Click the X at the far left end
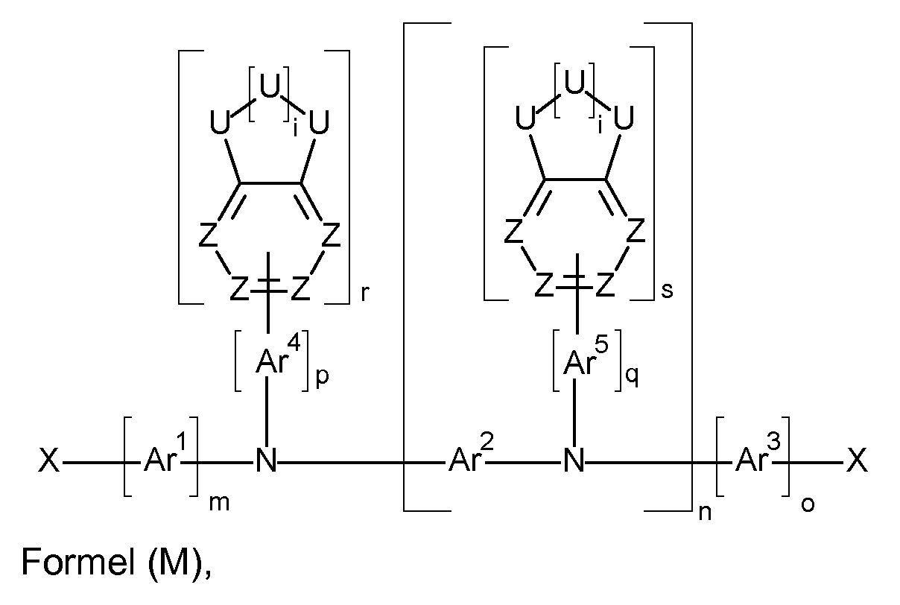[x=48, y=463]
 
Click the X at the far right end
[x=856, y=463]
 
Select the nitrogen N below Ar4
[x=266, y=463]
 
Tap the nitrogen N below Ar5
[x=574, y=463]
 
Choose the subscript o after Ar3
[x=808, y=504]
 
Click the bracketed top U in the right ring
[x=574, y=84]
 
